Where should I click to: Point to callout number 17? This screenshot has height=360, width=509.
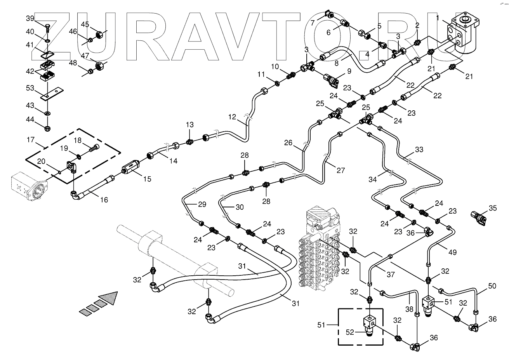click(31, 139)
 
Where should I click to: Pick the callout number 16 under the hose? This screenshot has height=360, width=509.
click(104, 200)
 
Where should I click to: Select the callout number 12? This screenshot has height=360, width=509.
click(232, 116)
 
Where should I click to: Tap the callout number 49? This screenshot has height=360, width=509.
click(452, 252)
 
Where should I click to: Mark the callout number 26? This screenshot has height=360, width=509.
click(288, 143)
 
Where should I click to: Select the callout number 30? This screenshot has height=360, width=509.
click(240, 207)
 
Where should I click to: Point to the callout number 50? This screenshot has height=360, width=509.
click(492, 286)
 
